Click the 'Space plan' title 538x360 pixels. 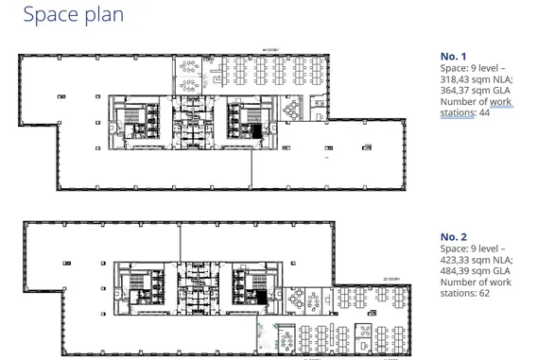tap(73, 15)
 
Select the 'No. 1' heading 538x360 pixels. tap(453, 57)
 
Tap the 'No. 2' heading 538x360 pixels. tap(453, 236)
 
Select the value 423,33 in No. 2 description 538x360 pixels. tap(459, 260)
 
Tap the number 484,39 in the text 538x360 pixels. tap(459, 271)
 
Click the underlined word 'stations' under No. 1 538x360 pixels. tap(460, 114)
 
